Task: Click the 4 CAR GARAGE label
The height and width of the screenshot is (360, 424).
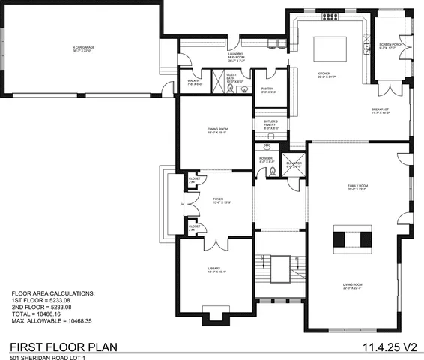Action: point(82,50)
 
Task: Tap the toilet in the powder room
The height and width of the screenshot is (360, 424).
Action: point(273,172)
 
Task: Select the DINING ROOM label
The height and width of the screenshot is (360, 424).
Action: point(217,130)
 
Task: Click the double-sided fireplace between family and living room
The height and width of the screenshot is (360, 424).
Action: point(353,239)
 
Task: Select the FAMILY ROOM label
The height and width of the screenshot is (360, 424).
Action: point(357,187)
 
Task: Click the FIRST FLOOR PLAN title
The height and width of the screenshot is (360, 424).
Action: point(67,347)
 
